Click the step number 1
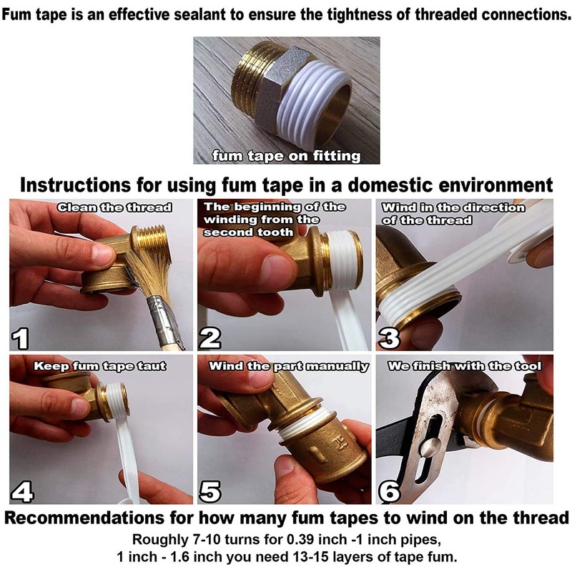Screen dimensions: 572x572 click(x=20, y=337)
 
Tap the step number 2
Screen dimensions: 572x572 click(x=209, y=337)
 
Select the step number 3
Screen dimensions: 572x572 click(x=390, y=337)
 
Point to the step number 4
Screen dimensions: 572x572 click(x=22, y=490)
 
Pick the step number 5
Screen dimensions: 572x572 click(x=210, y=490)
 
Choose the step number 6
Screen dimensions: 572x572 click(x=390, y=490)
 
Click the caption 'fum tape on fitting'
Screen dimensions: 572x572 click(x=287, y=156)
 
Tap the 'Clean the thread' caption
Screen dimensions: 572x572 click(x=114, y=207)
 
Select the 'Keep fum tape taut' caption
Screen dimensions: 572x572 click(x=100, y=366)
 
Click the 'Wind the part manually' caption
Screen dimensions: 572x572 click(x=289, y=366)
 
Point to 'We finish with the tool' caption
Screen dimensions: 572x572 click(x=464, y=366)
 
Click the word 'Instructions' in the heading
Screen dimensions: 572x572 click(x=75, y=185)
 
